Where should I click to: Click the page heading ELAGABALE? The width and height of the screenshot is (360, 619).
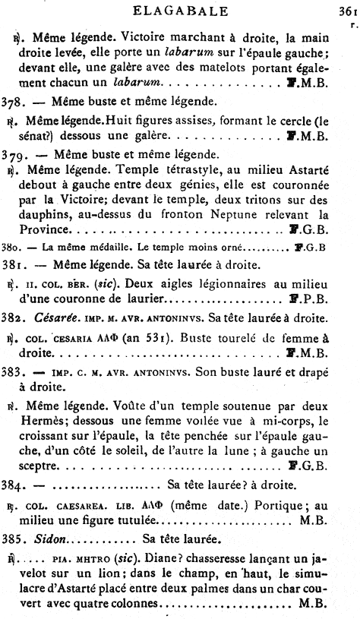(181, 11)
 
